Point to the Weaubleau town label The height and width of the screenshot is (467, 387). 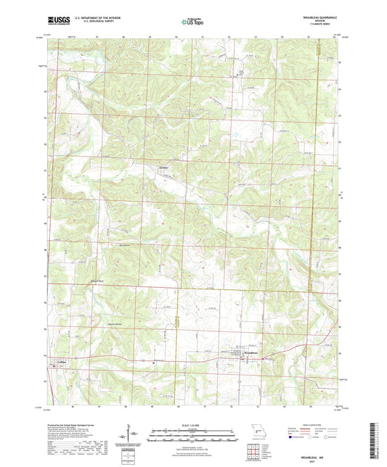click(250, 353)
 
